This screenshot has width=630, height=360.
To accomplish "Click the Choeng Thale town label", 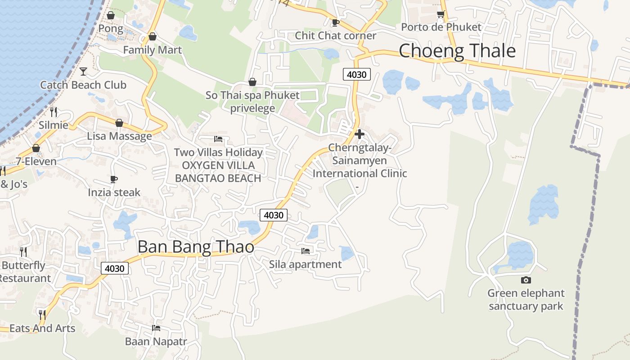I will [x=457, y=51].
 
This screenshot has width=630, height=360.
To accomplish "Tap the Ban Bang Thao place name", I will [x=196, y=247].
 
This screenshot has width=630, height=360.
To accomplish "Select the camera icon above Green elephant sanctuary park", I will [x=526, y=280].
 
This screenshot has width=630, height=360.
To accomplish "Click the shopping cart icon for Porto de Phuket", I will [x=441, y=15].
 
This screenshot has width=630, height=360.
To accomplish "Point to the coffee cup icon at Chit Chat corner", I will [x=335, y=22].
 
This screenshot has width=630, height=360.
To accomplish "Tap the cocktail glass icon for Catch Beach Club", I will [x=83, y=71].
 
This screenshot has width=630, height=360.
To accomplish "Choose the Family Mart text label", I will [x=153, y=50].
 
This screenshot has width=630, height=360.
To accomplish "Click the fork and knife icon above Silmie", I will [x=54, y=112].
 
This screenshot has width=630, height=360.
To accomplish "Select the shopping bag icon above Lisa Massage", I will [x=119, y=123].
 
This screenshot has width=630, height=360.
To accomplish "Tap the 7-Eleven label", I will [x=36, y=162].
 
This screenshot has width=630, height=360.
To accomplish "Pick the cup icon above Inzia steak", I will [x=114, y=180].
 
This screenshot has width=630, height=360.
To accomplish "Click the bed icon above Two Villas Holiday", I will [x=218, y=139].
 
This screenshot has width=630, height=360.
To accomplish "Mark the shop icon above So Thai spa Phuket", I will [x=252, y=82].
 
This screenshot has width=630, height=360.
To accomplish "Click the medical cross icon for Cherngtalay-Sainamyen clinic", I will [x=359, y=134].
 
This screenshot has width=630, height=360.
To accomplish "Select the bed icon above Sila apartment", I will [x=306, y=251].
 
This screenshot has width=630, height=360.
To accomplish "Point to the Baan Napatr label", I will [x=156, y=342].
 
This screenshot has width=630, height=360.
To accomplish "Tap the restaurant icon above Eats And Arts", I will [x=42, y=315].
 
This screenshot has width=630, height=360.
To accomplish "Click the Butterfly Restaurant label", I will [x=25, y=272].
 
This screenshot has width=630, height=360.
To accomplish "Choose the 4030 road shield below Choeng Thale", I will [x=356, y=75].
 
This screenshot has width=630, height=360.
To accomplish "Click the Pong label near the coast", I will [x=111, y=29].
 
